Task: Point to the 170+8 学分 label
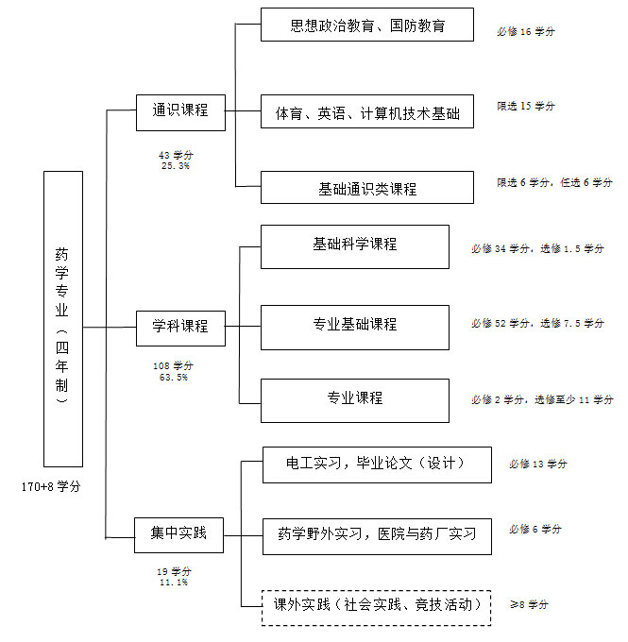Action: [51, 486]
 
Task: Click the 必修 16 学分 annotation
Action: [526, 31]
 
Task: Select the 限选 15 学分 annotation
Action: [526, 106]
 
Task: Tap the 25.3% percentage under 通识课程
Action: [176, 166]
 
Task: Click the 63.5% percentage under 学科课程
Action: [173, 377]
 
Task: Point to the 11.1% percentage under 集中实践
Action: [174, 582]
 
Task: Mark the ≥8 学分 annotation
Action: [529, 604]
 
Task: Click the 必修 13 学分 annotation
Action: [538, 464]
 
